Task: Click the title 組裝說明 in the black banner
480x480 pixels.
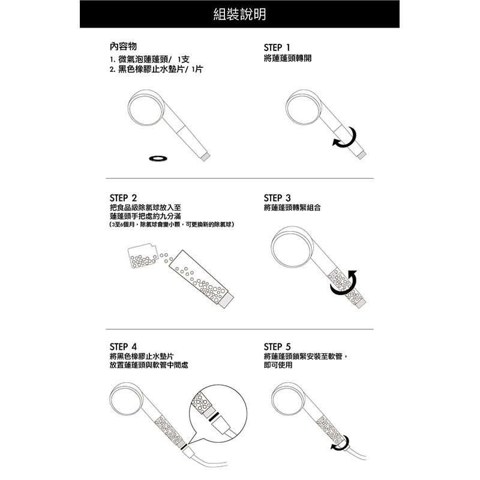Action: tap(239, 14)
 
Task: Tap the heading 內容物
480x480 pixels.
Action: tap(123, 47)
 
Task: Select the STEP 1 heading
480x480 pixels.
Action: tap(277, 47)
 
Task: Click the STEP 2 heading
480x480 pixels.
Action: tap(124, 198)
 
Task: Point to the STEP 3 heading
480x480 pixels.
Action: tap(277, 198)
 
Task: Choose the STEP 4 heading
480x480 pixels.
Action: tap(124, 347)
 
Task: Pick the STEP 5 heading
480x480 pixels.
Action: tap(277, 347)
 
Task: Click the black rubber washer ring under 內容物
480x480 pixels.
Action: tap(158, 158)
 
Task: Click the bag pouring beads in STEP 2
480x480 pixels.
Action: tap(143, 256)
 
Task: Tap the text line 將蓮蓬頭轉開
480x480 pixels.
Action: tap(287, 58)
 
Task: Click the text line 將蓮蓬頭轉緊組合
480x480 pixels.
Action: tap(292, 208)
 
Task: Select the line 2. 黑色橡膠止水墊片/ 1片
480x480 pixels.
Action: tap(156, 69)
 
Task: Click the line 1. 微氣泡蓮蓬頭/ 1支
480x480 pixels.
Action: tap(149, 59)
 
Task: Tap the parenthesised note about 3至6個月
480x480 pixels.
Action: tap(172, 224)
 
